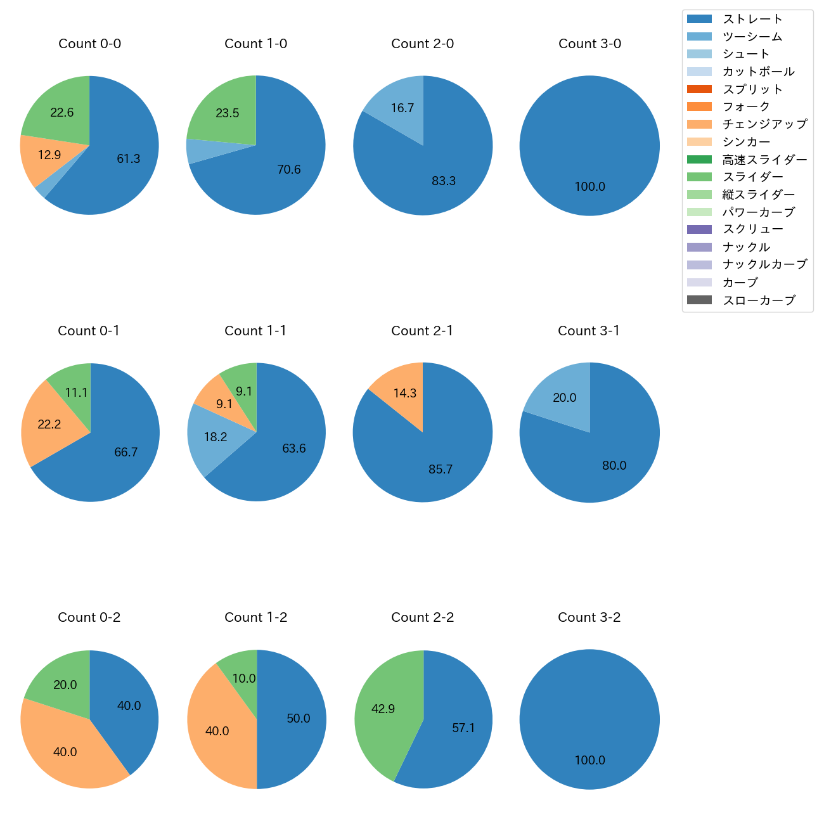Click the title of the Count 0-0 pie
tap(89, 44)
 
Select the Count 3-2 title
tap(589, 617)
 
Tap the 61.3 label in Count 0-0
tap(128, 159)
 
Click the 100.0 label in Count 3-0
tap(589, 187)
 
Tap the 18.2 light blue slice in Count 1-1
tap(216, 437)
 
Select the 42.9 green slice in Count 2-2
tap(383, 709)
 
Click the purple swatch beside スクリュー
tap(699, 229)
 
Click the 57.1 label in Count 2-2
tap(463, 728)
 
